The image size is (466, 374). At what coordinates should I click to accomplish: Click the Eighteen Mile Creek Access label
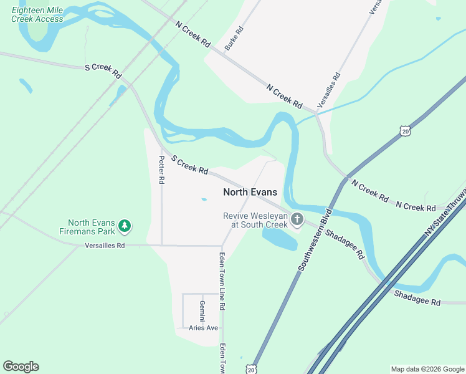pos(37,15)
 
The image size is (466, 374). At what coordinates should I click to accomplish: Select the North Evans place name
pos(250,193)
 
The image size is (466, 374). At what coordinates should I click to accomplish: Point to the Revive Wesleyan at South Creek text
pos(255,220)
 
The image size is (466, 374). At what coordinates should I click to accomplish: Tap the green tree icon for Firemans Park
pos(125,226)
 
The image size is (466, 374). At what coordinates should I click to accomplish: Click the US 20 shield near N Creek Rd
pos(406,131)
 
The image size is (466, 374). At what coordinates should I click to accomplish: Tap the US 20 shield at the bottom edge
pos(250,368)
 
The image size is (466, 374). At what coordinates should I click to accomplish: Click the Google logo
pos(21,367)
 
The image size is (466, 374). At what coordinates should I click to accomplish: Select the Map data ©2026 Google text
pos(427,369)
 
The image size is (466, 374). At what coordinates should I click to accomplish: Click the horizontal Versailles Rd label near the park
pos(105,246)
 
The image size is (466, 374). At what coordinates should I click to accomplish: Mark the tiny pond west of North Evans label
pos(204,200)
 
